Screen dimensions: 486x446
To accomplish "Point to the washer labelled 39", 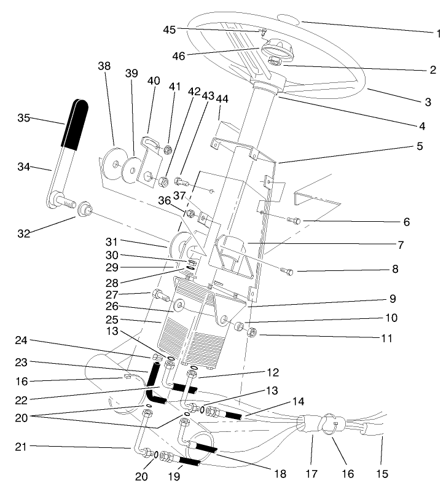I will point(131,168).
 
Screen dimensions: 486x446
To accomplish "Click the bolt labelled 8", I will point(288,270).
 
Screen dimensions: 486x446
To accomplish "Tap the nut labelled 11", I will point(251,334).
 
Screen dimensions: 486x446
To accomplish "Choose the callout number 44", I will point(222,99).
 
